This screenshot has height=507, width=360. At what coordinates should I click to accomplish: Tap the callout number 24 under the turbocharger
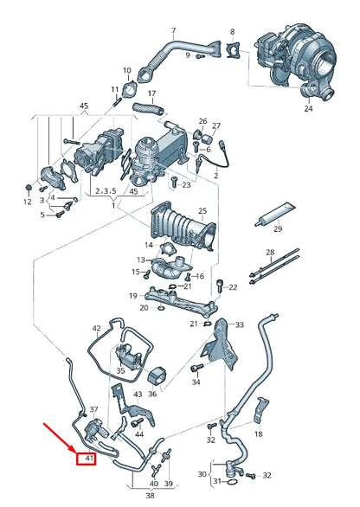pos(307,109)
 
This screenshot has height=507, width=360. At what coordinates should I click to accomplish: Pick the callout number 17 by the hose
pos(151,93)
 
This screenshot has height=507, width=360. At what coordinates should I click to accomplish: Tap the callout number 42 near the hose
pos(97,328)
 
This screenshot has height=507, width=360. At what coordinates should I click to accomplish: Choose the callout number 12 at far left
pos(27,202)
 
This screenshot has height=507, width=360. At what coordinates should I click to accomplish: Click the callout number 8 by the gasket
pos(232,31)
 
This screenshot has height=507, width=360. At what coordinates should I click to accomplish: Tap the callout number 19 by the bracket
pos(132,295)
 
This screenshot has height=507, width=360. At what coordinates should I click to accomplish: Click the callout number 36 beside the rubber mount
pos(151,394)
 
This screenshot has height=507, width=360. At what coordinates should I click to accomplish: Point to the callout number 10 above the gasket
pos(127,70)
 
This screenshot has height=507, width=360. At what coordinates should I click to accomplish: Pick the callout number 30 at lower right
pos(202,473)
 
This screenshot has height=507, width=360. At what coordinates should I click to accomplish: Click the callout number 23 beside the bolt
pos(187,185)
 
